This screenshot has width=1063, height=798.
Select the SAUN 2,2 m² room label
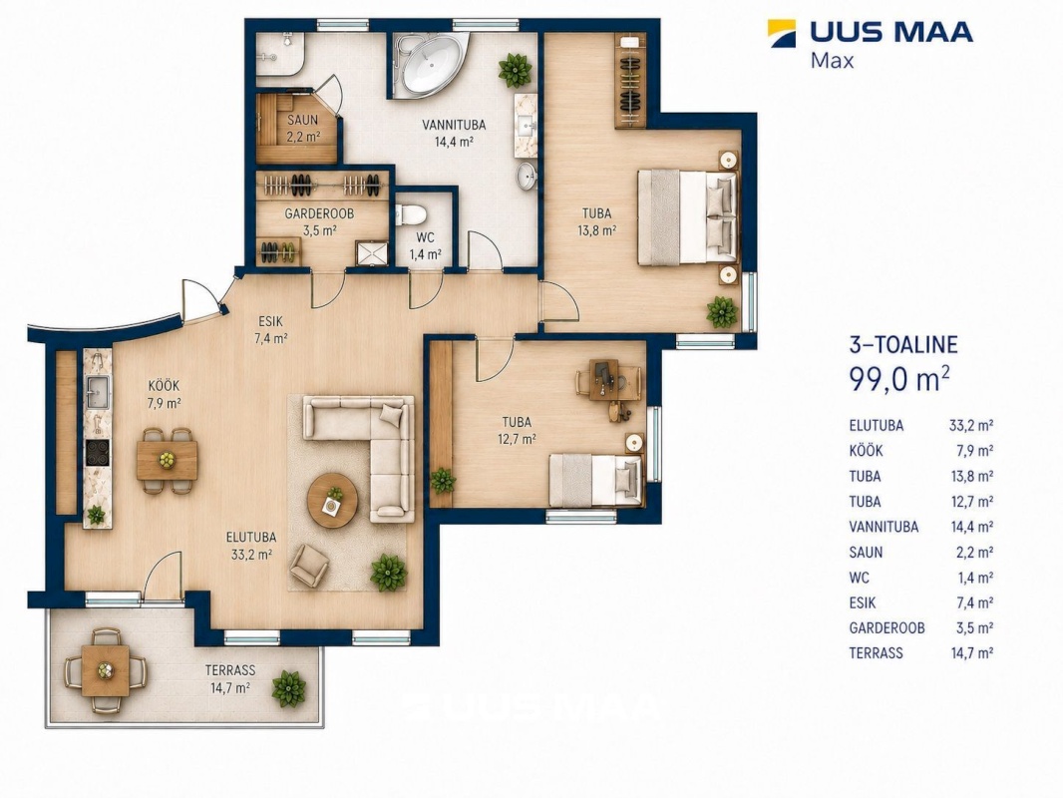pyautogui.click(x=303, y=128)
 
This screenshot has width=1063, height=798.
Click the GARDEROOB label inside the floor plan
pyautogui.click(x=319, y=213)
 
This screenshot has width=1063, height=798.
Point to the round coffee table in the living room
pyautogui.click(x=332, y=500)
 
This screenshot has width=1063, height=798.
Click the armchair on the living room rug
pyautogui.click(x=309, y=566)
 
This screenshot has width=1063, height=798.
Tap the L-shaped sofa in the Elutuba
pyautogui.click(x=370, y=448)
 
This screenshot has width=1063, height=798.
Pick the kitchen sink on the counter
pyautogui.click(x=97, y=388)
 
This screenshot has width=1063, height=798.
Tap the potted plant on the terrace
pyautogui.click(x=289, y=689)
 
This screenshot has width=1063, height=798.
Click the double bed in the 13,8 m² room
pyautogui.click(x=687, y=217)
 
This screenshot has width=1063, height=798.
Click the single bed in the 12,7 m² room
pyautogui.click(x=595, y=480)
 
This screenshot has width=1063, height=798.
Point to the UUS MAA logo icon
pyautogui.click(x=782, y=33)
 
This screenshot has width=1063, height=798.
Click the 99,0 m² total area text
pyautogui.click(x=898, y=379)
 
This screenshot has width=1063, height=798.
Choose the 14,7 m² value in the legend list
pyautogui.click(x=972, y=653)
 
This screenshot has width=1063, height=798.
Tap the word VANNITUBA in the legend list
pyautogui.click(x=884, y=527)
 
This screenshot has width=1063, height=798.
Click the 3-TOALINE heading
pyautogui.click(x=903, y=344)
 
